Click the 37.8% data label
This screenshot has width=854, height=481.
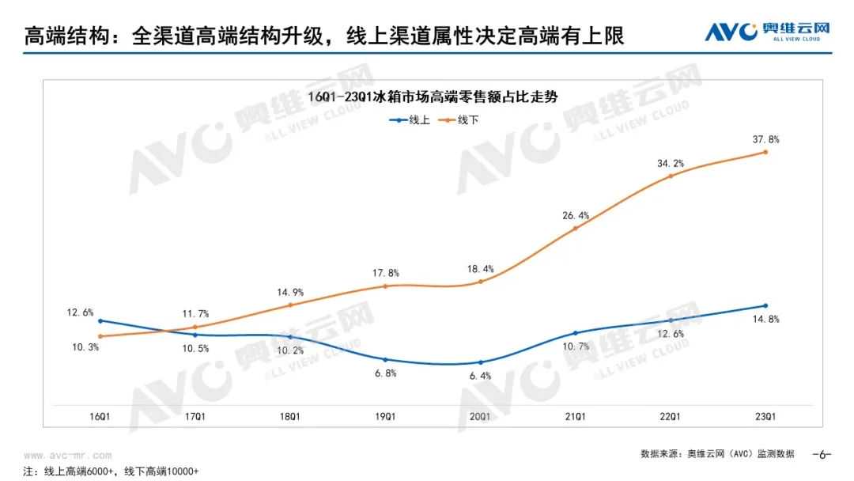pyautogui.click(x=765, y=139)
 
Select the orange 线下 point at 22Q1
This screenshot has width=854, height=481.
pyautogui.click(x=671, y=176)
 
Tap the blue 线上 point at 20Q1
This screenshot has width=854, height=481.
pyautogui.click(x=480, y=362)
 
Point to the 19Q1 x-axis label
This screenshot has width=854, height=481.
pyautogui.click(x=385, y=416)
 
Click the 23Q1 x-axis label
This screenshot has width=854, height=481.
pyautogui.click(x=765, y=416)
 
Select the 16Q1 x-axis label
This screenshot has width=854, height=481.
pyautogui.click(x=100, y=416)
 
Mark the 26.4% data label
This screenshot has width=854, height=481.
pyautogui.click(x=576, y=215)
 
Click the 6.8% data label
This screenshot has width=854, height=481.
pyautogui.click(x=385, y=373)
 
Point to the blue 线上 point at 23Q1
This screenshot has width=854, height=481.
pyautogui.click(x=765, y=305)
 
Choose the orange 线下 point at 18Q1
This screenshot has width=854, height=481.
pyautogui.click(x=290, y=305)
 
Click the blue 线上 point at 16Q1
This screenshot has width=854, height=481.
pyautogui.click(x=100, y=320)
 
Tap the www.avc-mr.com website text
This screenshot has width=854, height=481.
pyautogui.click(x=68, y=456)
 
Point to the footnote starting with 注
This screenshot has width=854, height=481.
pyautogui.click(x=111, y=472)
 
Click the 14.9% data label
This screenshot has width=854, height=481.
pyautogui.click(x=290, y=292)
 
